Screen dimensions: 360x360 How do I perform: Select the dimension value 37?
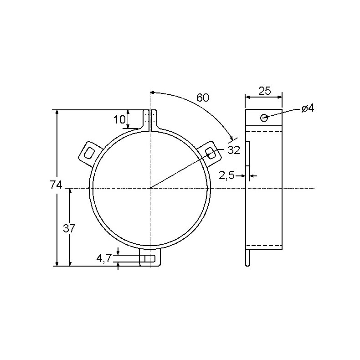(x=69, y=228)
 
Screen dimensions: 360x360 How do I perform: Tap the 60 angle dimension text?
(x=202, y=97)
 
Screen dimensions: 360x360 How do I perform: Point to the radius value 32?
(x=233, y=150)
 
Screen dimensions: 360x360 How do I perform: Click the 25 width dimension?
(x=264, y=91)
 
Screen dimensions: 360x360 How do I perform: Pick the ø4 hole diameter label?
(x=308, y=108)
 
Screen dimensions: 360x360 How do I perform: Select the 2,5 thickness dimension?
(x=226, y=175)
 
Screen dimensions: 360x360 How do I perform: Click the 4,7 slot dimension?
(x=104, y=258)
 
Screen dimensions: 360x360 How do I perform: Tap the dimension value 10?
(x=119, y=120)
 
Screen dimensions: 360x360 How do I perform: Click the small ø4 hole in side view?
(x=264, y=118)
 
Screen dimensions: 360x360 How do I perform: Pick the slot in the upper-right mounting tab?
(x=211, y=152)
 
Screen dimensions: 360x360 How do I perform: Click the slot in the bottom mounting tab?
(x=150, y=259)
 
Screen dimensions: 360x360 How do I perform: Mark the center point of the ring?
(x=150, y=188)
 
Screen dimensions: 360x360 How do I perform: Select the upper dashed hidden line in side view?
(x=264, y=131)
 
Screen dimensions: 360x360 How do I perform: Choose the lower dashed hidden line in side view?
(x=264, y=246)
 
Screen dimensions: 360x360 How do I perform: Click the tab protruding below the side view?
(x=247, y=258)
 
